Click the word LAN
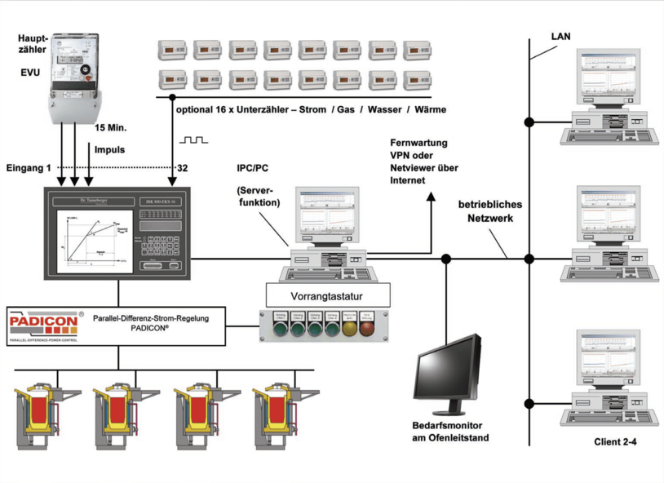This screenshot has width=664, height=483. [x=561, y=36]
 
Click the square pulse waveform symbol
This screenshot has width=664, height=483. [x=194, y=140]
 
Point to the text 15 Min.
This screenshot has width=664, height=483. [x=112, y=129]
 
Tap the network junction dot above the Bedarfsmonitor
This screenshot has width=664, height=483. [x=445, y=259]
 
